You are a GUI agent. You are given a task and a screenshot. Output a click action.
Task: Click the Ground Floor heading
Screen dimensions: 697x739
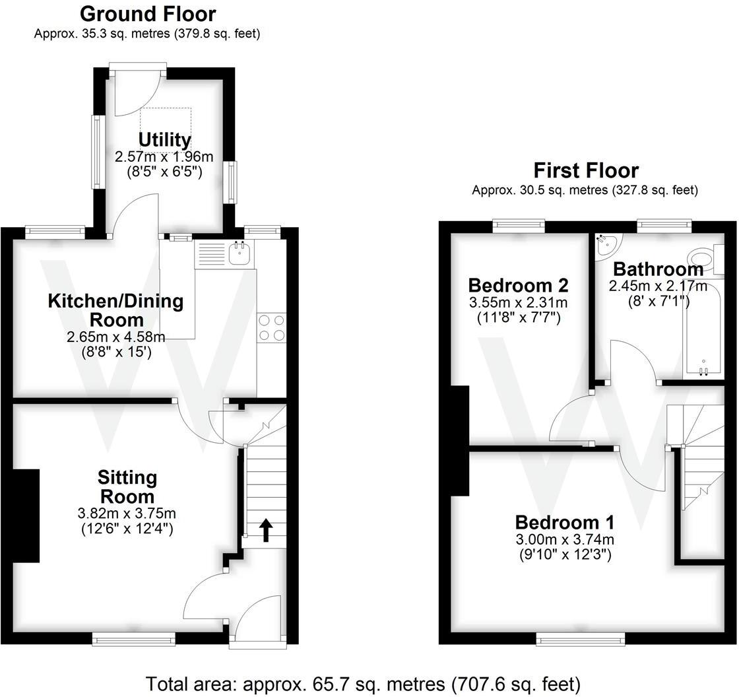click(x=147, y=14)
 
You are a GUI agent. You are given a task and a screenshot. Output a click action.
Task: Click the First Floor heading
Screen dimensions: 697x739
click(x=585, y=170)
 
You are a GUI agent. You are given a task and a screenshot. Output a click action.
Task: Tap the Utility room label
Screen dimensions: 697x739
click(x=164, y=140)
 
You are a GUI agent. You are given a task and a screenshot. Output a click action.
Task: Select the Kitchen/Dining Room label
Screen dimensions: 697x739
click(x=115, y=310)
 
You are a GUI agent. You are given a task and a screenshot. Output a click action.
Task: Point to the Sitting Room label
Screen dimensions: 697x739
click(x=127, y=486)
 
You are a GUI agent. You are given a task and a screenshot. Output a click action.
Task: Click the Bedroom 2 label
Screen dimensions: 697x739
click(x=518, y=285)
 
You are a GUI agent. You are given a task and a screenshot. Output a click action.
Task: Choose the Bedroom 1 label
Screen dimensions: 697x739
click(x=564, y=522)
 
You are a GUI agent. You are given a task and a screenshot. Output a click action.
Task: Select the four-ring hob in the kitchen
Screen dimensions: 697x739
click(x=271, y=328)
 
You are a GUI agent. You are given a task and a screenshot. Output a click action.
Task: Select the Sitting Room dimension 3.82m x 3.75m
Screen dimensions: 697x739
click(x=127, y=514)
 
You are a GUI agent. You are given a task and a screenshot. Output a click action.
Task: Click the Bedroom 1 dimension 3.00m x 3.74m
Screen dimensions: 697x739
click(x=564, y=539)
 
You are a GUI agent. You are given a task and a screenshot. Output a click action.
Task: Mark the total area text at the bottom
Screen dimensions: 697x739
click(x=363, y=682)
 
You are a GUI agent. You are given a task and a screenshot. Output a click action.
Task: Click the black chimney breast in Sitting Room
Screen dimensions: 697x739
click(x=26, y=515)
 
